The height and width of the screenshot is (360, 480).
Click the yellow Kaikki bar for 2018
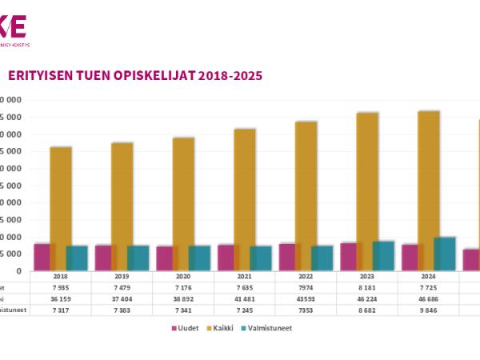pyautogui.click(x=61, y=208)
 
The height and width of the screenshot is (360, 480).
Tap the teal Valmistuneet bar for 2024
pyautogui.click(x=444, y=254)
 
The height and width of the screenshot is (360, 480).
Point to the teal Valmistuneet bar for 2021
pyautogui.click(x=260, y=258)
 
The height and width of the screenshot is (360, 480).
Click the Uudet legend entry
pyautogui.click(x=186, y=328)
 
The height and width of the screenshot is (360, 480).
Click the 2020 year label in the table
pyautogui.click(x=183, y=277)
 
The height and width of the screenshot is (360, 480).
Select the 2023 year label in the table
pyautogui.click(x=367, y=277)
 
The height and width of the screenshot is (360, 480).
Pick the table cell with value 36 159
pyautogui.click(x=61, y=299)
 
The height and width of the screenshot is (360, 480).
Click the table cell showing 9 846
pyautogui.click(x=429, y=310)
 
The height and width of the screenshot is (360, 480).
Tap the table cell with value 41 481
pyautogui.click(x=245, y=299)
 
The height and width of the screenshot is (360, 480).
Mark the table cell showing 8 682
pyautogui.click(x=367, y=310)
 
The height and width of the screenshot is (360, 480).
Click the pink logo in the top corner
pyautogui.click(x=14, y=26)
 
